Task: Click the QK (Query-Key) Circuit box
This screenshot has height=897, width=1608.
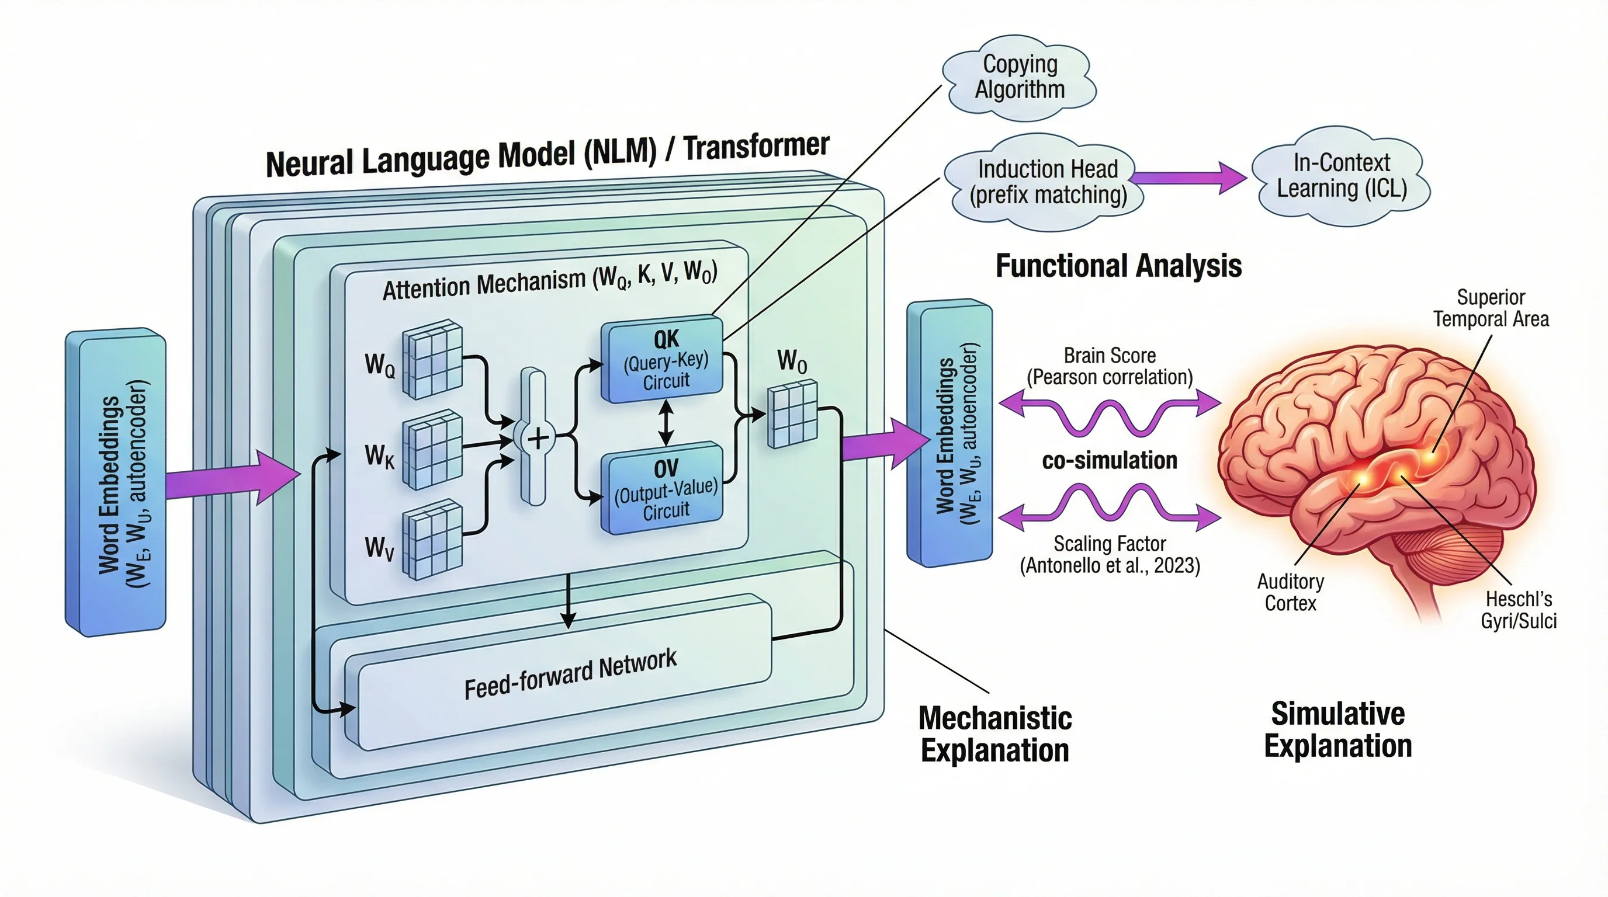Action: point(663,359)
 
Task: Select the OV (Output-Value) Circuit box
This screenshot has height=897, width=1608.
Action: point(663,488)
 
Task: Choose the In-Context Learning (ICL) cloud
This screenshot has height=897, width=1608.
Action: point(1341,176)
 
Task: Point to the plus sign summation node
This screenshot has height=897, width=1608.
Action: point(538,438)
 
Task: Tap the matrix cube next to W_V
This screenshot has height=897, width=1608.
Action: point(432,539)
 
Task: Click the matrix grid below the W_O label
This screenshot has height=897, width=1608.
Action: point(792,413)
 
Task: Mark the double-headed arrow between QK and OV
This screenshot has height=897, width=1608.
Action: point(666,422)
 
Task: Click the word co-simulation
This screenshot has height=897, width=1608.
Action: point(1109,460)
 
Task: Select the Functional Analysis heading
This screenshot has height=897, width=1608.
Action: point(1118,265)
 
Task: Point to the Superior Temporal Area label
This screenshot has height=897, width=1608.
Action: point(1491,308)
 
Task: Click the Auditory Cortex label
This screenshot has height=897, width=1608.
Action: point(1290,592)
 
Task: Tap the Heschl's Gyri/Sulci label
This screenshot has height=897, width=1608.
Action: point(1518,610)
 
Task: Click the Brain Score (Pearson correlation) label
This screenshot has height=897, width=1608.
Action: point(1109,366)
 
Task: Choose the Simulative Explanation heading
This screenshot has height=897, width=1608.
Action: point(1337,729)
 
